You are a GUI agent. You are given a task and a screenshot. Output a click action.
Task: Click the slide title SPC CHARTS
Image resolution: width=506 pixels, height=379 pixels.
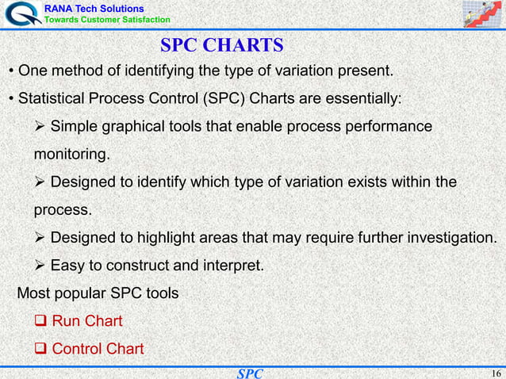point(222,44)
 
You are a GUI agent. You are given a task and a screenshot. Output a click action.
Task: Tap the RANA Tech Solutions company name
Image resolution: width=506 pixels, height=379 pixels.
point(94,8)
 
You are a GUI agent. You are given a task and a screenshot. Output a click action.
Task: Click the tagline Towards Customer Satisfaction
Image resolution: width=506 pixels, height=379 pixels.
point(107,19)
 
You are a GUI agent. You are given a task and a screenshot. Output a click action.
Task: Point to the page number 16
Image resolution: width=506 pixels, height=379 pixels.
point(496,373)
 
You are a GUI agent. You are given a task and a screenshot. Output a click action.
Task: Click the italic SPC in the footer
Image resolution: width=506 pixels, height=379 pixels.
point(251,373)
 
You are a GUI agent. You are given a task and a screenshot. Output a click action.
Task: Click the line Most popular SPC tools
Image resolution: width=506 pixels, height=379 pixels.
point(98,293)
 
